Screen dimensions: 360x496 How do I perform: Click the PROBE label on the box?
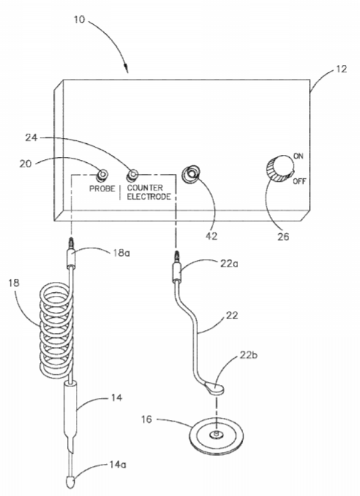pos(102,189)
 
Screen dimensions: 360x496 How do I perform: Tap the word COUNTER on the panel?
pos(145,188)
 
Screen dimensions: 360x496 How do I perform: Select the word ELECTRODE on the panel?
pos(149,197)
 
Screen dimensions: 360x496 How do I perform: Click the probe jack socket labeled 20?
pos(102,175)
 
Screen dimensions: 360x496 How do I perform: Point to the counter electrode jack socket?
pos(132,175)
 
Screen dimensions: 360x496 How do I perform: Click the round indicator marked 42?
pos(191,174)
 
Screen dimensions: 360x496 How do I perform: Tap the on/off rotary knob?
pos(280,169)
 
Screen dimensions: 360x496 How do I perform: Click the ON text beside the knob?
pos(298,156)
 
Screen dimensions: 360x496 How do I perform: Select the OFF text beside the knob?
pos(299,181)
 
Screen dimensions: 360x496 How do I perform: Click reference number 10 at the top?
pos(80,20)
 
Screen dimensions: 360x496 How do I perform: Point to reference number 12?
pos(341,69)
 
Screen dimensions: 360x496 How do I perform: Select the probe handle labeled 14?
pos(72,411)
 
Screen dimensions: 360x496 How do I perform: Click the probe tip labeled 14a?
pos(70,482)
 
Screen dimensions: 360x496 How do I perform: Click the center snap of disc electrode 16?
pos(217,435)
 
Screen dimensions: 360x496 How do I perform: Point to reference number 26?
pos(283,236)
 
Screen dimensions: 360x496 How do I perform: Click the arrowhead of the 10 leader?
pos(126,69)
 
